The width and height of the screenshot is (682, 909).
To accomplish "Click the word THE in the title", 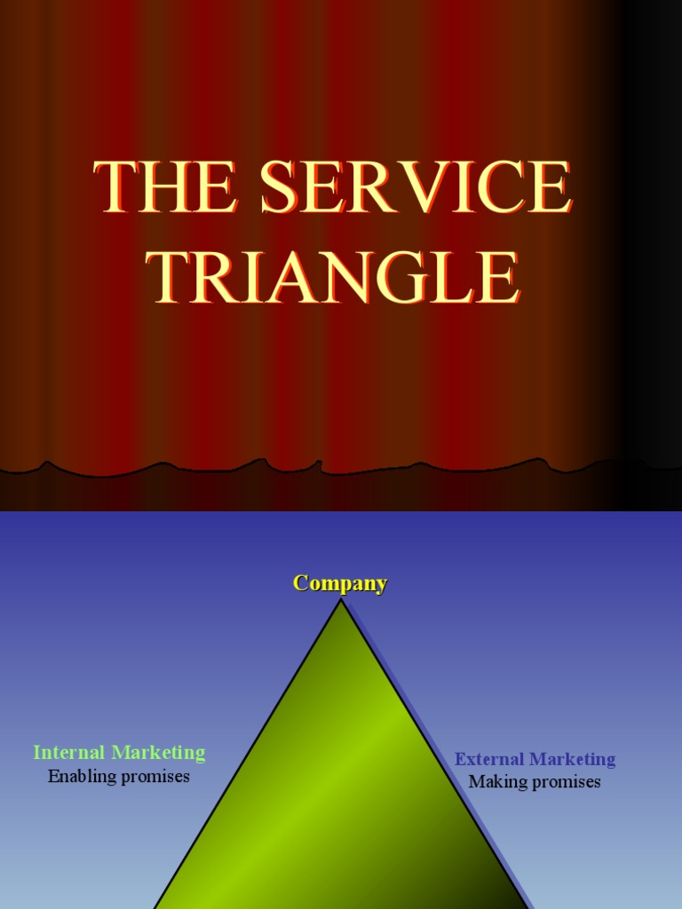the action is point(165,187).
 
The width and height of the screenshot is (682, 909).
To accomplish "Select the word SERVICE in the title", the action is point(416,187).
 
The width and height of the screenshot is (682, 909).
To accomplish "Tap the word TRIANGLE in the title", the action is point(333,277).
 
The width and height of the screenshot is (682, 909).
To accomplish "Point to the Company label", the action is point(340,583).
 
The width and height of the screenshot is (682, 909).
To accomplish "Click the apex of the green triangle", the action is point(341,601).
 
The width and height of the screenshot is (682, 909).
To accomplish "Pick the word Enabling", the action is point(81,777).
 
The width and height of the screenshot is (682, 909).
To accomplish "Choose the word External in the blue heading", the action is point(488,759).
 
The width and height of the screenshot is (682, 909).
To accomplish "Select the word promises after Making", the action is point(564,782).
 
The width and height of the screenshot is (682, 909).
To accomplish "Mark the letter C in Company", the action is point(302,583).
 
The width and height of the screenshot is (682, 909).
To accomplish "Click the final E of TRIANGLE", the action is point(498,277).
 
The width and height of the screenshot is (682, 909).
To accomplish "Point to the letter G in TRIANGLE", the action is point(404,277).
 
